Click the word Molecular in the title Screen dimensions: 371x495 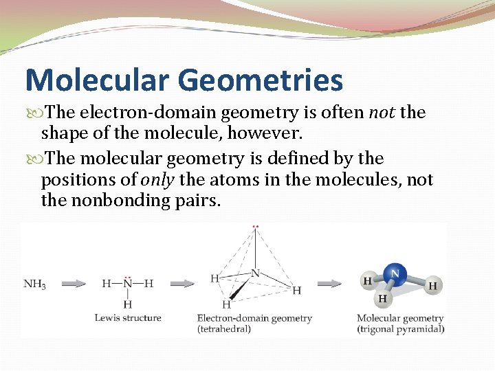click(x=96, y=80)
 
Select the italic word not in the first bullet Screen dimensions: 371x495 click(x=382, y=113)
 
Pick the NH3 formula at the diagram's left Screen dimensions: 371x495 click(x=35, y=284)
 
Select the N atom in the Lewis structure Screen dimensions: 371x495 click(x=128, y=283)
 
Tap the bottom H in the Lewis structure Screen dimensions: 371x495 click(x=128, y=304)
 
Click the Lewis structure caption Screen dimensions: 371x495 click(x=128, y=318)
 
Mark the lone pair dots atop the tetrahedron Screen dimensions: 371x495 click(x=256, y=226)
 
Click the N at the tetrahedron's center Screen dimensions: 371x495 click(x=255, y=273)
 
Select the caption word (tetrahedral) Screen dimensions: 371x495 click(x=224, y=329)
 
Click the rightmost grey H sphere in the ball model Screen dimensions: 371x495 click(x=432, y=285)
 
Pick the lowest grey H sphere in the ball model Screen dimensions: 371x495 click(x=383, y=299)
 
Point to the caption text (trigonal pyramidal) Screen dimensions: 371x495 click(x=400, y=329)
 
